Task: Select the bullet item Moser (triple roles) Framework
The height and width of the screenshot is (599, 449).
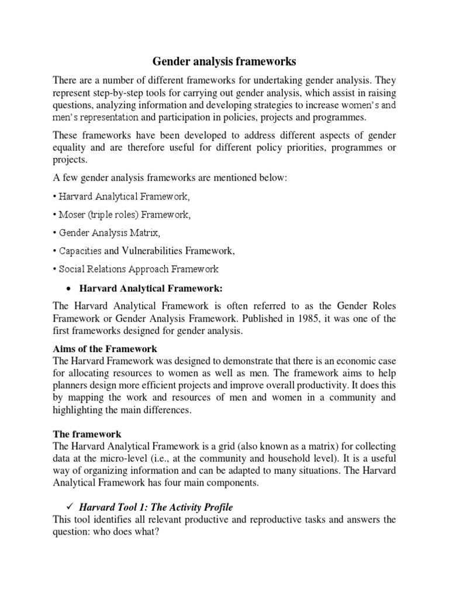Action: click(125, 215)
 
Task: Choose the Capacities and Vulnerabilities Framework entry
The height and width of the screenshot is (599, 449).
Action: click(146, 252)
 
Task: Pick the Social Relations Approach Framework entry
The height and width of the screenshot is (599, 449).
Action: click(139, 270)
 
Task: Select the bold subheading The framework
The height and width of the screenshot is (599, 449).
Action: click(87, 434)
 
